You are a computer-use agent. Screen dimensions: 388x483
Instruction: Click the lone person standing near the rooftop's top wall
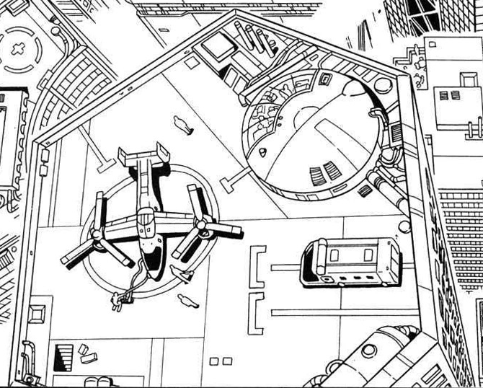(184, 126)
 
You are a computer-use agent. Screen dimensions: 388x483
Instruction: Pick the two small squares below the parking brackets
(220, 360)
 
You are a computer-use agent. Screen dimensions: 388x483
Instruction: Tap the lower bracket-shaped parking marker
(255, 312)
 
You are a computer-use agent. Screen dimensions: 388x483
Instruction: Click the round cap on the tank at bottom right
(368, 351)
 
